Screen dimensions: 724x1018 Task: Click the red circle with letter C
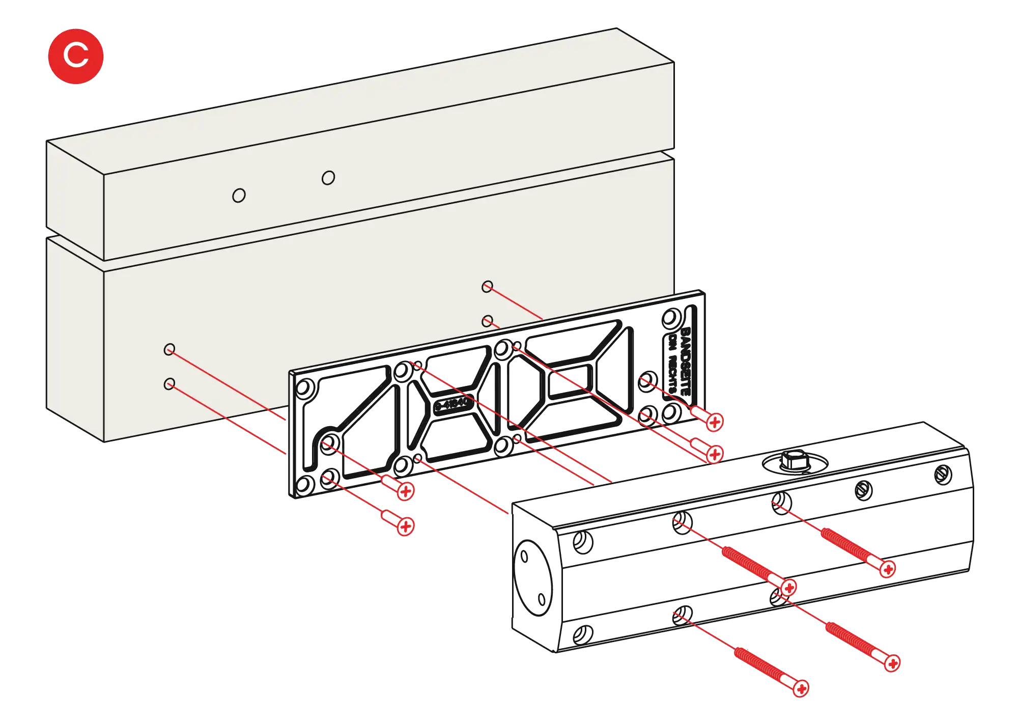tap(76, 55)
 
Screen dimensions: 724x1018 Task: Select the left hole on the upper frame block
tap(239, 196)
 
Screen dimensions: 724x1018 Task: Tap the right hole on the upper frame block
tap(328, 178)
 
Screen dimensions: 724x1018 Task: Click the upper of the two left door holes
tap(169, 349)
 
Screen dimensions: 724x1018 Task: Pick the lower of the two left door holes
tap(169, 383)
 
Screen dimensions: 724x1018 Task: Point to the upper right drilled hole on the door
tap(487, 287)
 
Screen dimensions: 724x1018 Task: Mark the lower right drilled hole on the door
tap(487, 321)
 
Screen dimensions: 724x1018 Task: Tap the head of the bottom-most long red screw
tap(801, 689)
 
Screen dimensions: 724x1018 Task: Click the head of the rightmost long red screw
tap(892, 663)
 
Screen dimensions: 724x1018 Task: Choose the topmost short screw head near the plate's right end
tap(715, 422)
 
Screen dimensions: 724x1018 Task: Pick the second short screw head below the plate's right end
tap(715, 454)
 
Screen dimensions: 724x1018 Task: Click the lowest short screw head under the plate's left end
tap(405, 526)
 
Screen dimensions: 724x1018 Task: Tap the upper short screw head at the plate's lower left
tap(405, 491)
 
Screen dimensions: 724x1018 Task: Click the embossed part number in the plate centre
tap(450, 404)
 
